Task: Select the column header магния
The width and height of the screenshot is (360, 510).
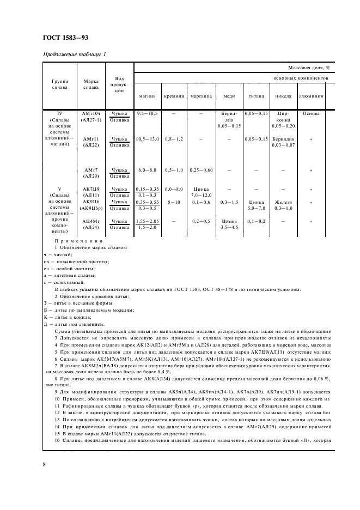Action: [148, 95]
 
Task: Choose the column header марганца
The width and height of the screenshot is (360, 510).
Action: [201, 95]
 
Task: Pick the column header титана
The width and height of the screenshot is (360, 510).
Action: [257, 95]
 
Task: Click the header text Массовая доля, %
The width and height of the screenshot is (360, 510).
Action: [309, 69]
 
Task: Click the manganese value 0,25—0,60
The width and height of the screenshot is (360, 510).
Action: [201, 171]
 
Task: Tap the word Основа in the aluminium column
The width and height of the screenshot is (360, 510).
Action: [311, 113]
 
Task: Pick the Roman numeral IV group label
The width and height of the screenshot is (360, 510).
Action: [60, 113]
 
